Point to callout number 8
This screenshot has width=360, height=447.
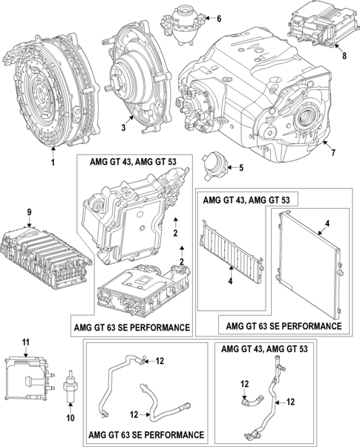tap(344, 54)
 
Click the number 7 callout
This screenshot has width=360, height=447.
tap(333, 154)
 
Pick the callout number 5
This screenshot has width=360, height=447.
tap(240, 168)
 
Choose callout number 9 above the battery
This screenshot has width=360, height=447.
tap(29, 213)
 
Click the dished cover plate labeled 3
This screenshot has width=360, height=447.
tap(140, 74)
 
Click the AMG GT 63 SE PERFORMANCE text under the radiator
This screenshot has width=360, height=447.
tap(284, 326)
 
